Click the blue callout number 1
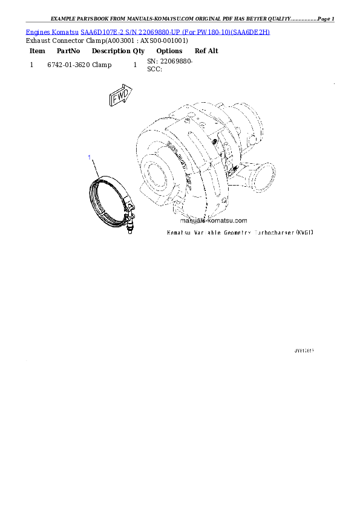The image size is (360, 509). pos(90,158)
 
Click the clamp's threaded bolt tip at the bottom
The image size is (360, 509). pos(129,230)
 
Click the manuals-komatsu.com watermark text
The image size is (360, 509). pos(214,221)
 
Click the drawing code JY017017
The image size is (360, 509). pos(304,350)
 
